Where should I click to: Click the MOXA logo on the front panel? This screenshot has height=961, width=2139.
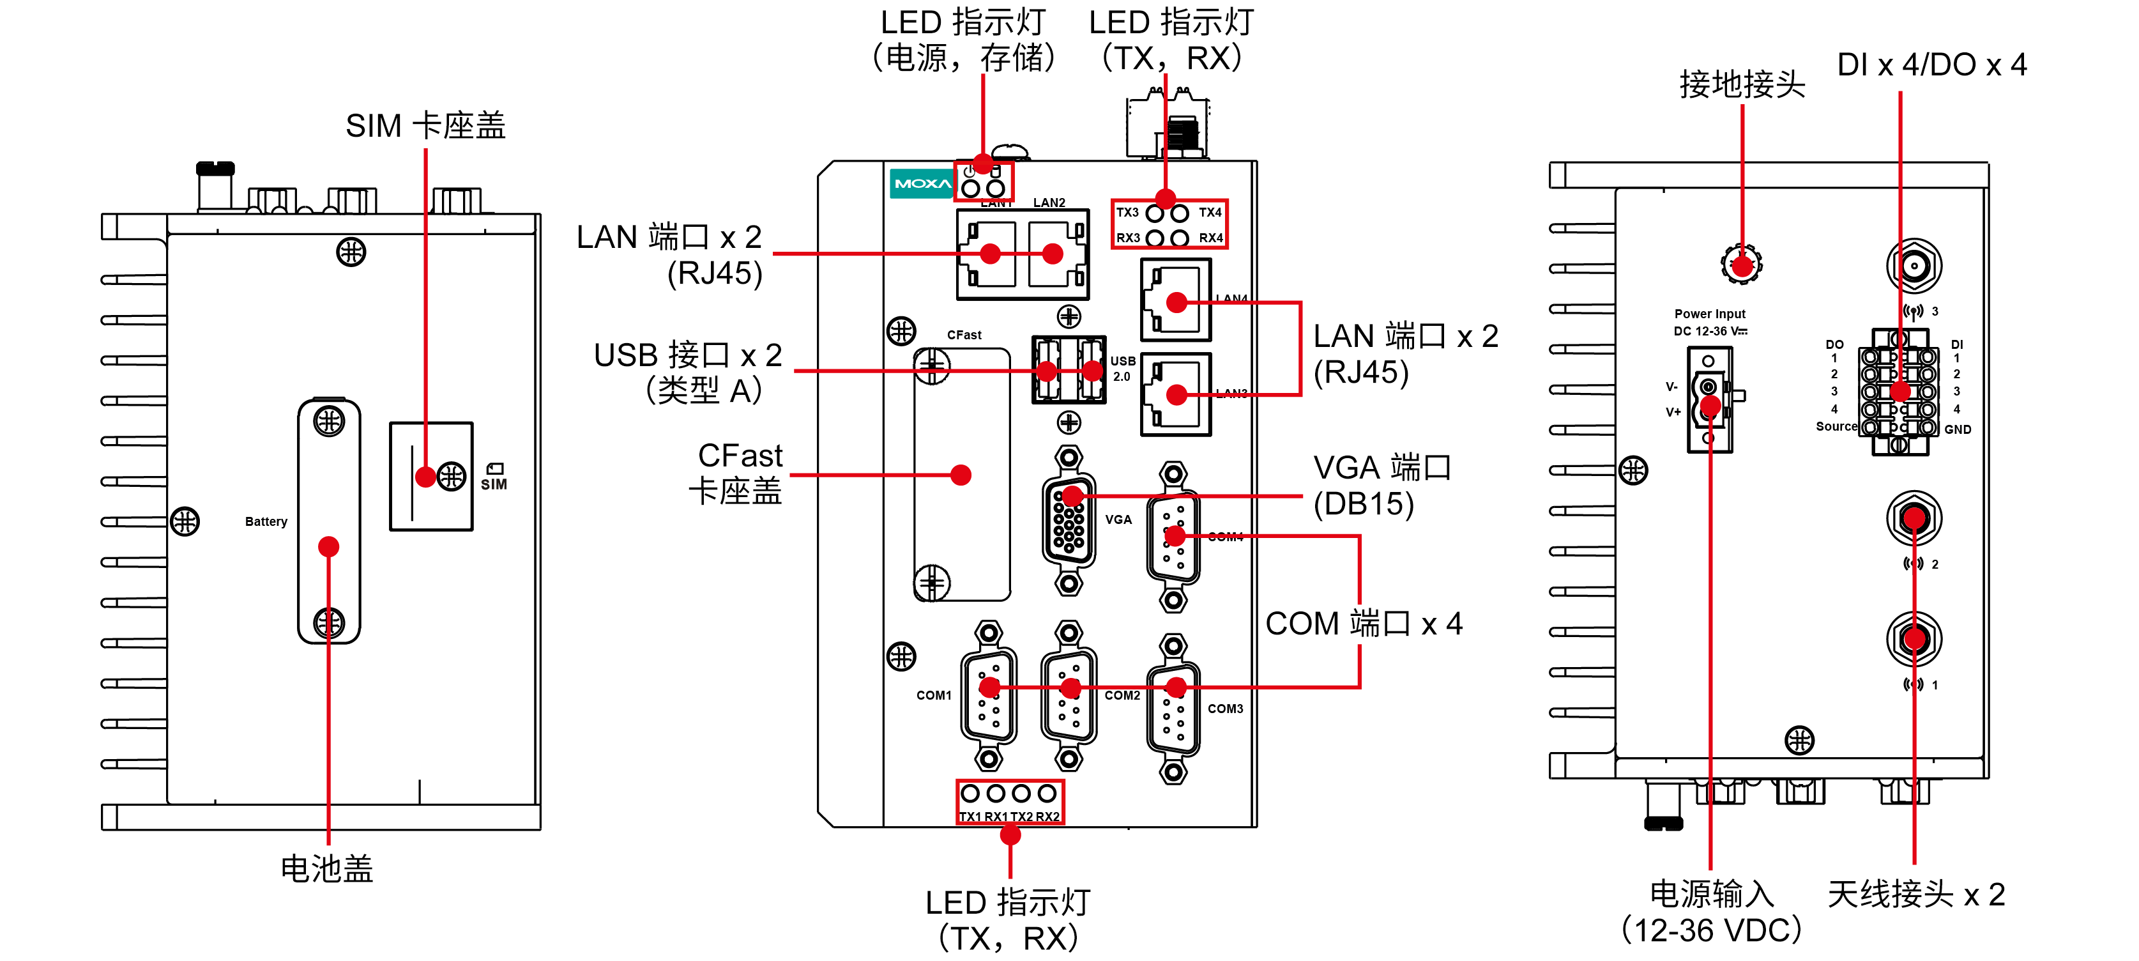tap(922, 183)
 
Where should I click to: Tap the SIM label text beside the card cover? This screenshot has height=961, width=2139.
tap(494, 484)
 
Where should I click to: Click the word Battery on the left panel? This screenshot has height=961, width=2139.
tap(266, 521)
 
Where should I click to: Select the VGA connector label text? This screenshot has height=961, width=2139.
tap(1118, 520)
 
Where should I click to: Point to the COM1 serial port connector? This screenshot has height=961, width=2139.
tap(988, 696)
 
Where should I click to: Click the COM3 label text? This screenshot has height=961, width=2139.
tap(1225, 709)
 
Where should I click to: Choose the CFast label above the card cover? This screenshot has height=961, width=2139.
tap(964, 335)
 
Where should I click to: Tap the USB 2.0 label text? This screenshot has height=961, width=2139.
tap(1123, 369)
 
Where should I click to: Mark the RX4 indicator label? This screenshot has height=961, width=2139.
tap(1211, 238)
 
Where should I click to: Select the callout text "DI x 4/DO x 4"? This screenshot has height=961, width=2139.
tap(1931, 65)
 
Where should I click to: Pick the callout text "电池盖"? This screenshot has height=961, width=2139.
tap(327, 869)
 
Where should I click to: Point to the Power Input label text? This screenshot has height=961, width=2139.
tap(1710, 314)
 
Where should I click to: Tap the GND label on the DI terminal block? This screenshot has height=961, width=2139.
tap(1957, 429)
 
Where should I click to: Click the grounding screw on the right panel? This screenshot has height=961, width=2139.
tap(1741, 265)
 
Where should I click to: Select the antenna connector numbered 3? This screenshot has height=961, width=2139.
tap(1914, 266)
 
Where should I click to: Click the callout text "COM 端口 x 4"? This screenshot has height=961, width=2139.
tap(1364, 624)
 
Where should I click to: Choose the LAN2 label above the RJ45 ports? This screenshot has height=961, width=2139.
tap(1049, 203)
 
